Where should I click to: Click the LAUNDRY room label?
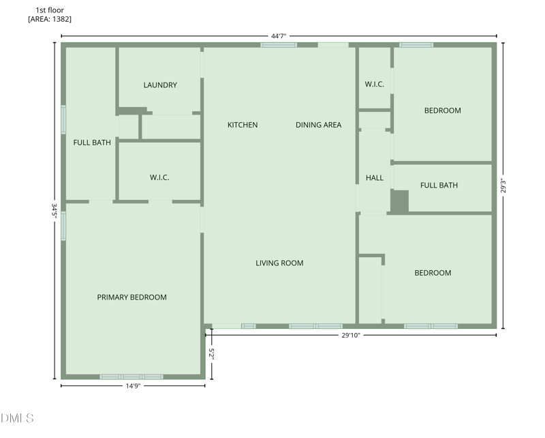click(160, 85)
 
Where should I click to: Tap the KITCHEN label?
click(243, 125)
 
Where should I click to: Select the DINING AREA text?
click(318, 125)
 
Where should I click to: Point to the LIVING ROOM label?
click(279, 263)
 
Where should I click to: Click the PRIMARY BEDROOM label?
click(131, 297)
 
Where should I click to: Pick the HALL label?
click(375, 178)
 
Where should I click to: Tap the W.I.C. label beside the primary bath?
click(159, 177)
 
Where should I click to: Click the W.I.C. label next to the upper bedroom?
click(375, 85)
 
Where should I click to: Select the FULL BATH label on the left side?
click(92, 143)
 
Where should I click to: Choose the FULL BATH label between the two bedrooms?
click(439, 186)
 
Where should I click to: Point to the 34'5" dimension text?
click(54, 209)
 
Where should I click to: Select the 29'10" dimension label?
click(350, 335)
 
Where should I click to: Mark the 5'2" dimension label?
click(212, 354)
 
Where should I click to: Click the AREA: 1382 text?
click(50, 19)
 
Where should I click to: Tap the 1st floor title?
click(50, 10)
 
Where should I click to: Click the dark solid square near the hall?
click(399, 201)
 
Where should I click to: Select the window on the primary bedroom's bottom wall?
click(131, 377)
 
